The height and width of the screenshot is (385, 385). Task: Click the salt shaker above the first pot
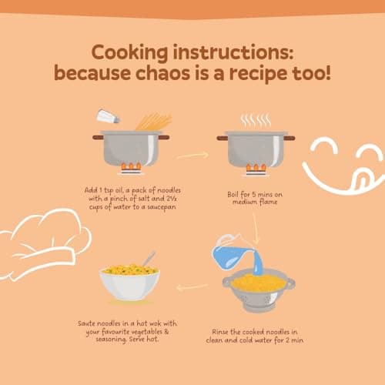tap(108, 116)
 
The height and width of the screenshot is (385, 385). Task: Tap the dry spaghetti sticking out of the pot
tap(153, 122)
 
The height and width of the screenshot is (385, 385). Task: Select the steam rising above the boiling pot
tap(256, 121)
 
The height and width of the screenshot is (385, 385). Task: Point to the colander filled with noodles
tap(259, 289)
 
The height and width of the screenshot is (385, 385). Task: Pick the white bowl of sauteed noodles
tap(129, 283)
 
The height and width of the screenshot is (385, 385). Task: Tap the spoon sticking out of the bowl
tap(149, 259)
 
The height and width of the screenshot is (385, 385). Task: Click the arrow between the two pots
tap(192, 156)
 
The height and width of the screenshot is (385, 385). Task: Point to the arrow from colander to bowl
tap(192, 287)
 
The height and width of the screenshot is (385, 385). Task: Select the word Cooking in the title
tap(129, 52)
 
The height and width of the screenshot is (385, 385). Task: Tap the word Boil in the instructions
tap(233, 194)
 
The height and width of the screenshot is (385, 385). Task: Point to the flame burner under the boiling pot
tap(256, 170)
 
